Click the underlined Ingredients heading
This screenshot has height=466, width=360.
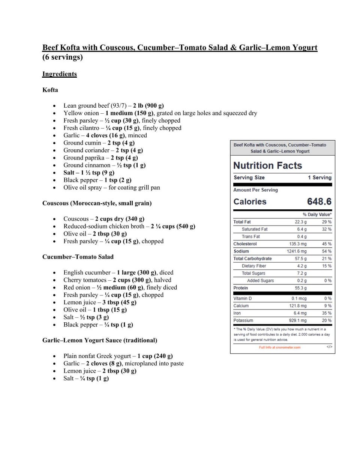point(59,74)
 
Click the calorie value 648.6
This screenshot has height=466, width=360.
point(319,201)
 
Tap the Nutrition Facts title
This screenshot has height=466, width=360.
point(267,165)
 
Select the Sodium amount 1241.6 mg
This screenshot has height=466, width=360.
point(297,251)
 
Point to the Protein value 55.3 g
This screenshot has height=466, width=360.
point(300,288)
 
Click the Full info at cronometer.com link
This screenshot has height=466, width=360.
point(279,347)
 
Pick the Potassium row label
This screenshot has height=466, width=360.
point(243,321)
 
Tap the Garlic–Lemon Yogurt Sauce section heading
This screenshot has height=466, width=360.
point(99,340)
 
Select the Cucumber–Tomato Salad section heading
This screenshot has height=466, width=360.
point(78,257)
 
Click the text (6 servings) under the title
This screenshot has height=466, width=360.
point(62,57)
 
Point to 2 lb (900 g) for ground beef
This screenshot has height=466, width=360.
point(148,105)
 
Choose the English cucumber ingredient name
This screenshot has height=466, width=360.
point(87,272)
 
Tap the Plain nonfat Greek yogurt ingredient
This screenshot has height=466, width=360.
point(97,356)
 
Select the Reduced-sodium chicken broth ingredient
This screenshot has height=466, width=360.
point(103,226)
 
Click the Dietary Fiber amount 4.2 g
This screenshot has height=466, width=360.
point(301,266)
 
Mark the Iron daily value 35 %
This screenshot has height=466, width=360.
point(326,313)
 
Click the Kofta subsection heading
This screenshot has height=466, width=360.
point(50,90)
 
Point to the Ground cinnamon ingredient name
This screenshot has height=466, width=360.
point(87,165)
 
